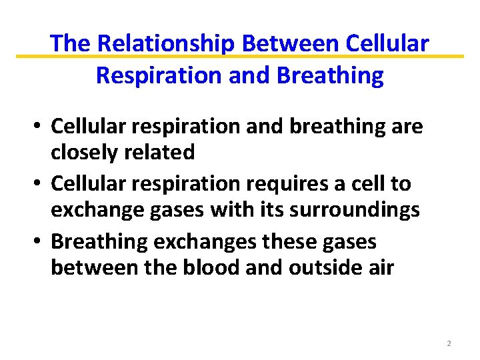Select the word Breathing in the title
334,75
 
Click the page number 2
449,343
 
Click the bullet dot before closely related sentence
40,125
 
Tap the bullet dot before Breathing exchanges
40,240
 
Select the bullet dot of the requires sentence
40,183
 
